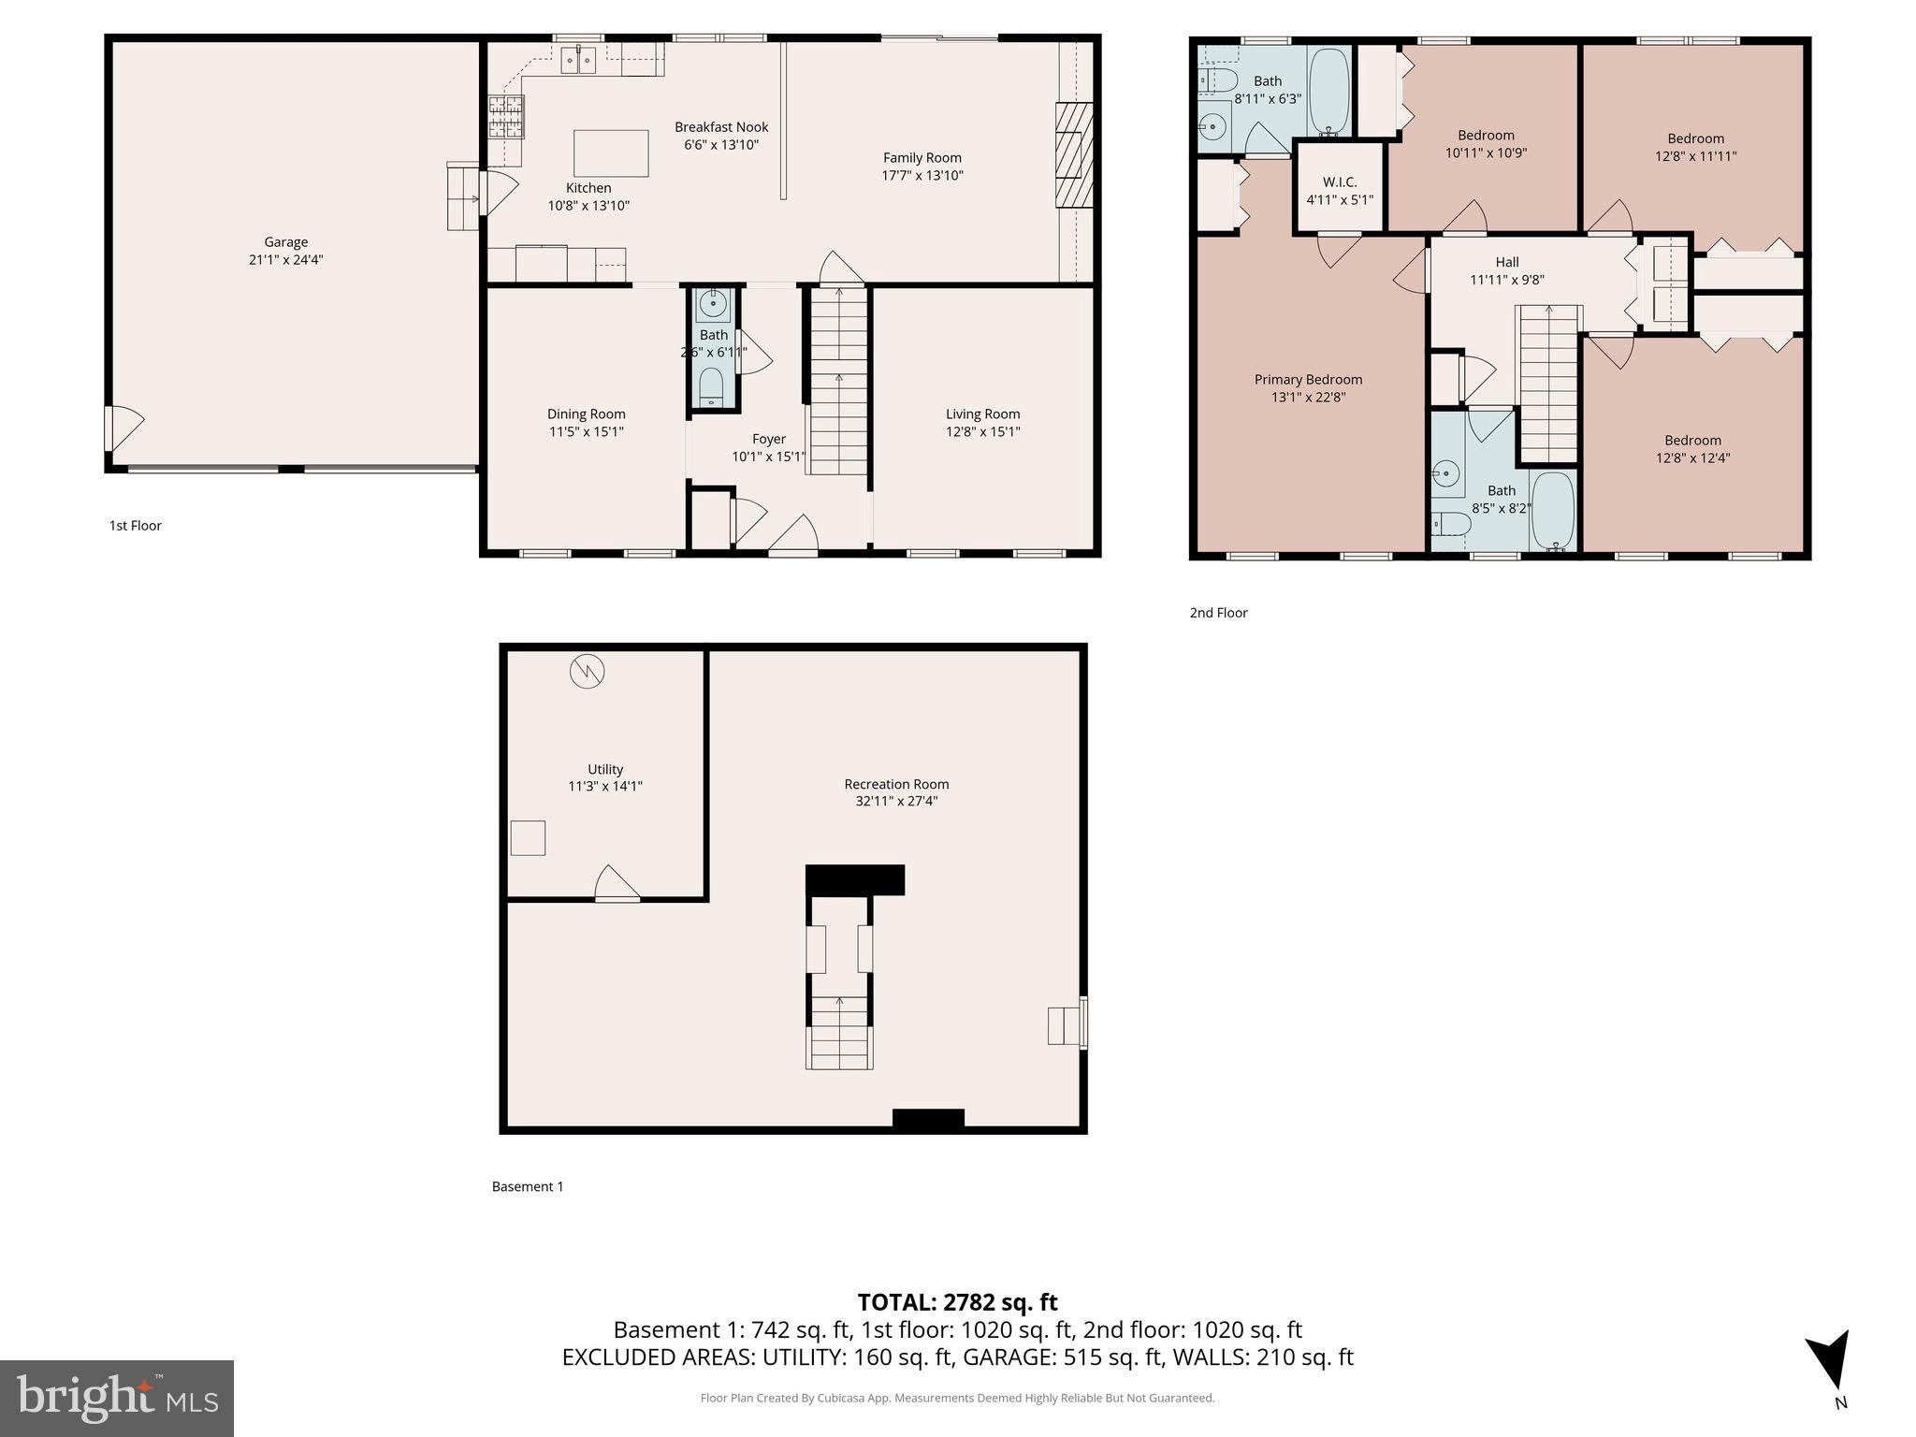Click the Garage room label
pyautogui.click(x=285, y=242)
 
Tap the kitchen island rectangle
pyautogui.click(x=611, y=153)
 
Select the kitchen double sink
pyautogui.click(x=578, y=60)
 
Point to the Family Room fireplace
pyautogui.click(x=1073, y=154)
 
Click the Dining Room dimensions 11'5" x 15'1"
pyautogui.click(x=586, y=431)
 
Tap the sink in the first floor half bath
pyautogui.click(x=714, y=303)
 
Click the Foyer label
pyautogui.click(x=769, y=439)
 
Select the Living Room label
pyautogui.click(x=982, y=414)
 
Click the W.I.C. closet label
pyautogui.click(x=1339, y=182)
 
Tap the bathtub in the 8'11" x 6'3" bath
pyautogui.click(x=1328, y=91)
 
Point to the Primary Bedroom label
pyautogui.click(x=1308, y=379)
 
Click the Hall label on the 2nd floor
pyautogui.click(x=1506, y=262)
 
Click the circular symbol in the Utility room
pyautogui.click(x=587, y=671)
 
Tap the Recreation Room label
pyautogui.click(x=896, y=784)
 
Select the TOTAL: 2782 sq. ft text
pyautogui.click(x=957, y=1301)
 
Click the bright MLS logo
pyautogui.click(x=116, y=1398)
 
